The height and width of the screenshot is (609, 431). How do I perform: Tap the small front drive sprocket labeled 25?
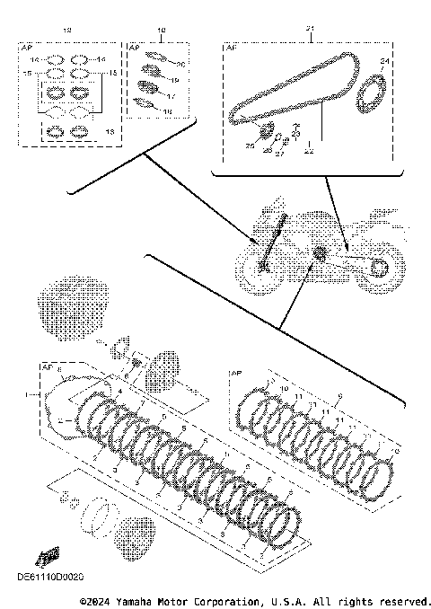[x=266, y=136]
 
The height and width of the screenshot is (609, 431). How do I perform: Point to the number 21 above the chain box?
[x=309, y=30]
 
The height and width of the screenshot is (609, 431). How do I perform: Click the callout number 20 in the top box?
[x=180, y=64]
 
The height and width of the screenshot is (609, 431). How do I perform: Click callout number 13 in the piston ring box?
[x=110, y=131]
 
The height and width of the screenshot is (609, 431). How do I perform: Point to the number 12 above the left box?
[x=65, y=30]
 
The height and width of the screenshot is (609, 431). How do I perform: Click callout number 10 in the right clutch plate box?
[x=284, y=388]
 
